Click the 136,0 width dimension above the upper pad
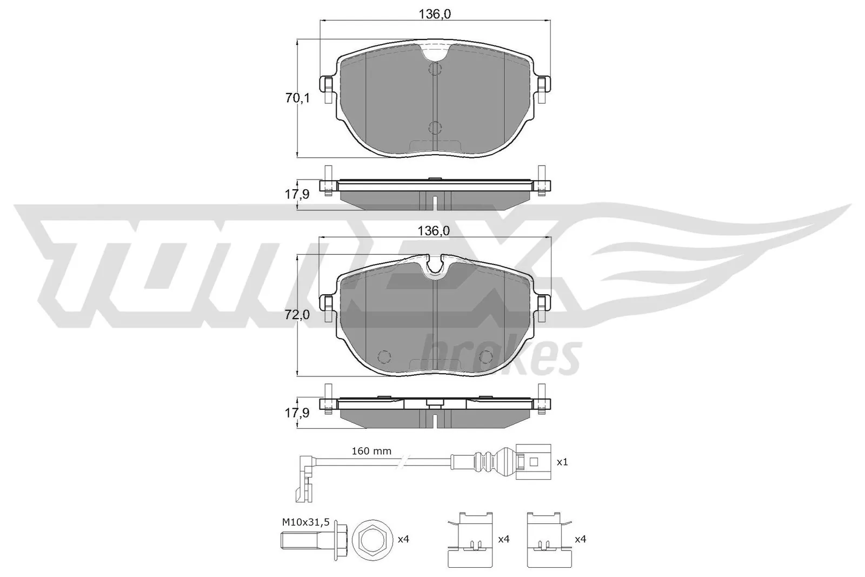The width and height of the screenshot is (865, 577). (435, 14)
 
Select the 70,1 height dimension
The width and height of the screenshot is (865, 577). (297, 98)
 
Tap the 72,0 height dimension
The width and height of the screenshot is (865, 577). (297, 315)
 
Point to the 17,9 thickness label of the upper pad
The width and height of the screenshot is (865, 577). (297, 194)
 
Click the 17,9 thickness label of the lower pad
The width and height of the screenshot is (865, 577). (297, 413)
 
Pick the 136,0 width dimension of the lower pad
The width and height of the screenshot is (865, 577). (434, 231)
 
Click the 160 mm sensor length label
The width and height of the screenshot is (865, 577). (371, 451)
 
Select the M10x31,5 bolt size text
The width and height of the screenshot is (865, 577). (306, 522)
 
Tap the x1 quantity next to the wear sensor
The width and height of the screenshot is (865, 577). (562, 462)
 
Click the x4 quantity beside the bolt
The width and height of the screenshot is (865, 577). (403, 539)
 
